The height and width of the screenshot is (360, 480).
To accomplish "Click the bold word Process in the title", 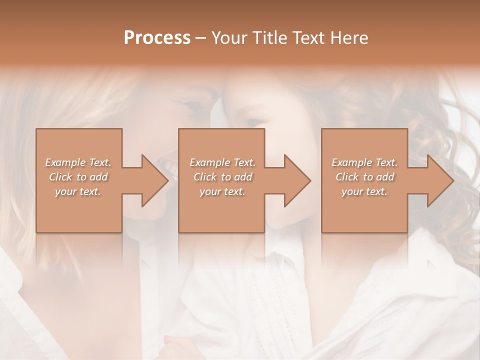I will [157, 38].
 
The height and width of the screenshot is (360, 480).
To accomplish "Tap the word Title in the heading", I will [271, 38].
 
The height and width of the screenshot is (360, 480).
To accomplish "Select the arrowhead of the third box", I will [439, 180].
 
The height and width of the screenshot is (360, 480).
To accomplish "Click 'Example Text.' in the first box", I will [78, 162].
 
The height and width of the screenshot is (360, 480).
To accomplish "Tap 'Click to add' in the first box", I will [78, 177].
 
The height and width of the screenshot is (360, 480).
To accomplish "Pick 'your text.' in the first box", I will [78, 191].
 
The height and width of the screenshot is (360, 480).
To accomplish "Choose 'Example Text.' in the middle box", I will [222, 162].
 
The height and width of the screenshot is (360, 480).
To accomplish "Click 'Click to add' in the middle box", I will [222, 177].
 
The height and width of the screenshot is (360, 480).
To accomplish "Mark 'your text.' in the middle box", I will [222, 191].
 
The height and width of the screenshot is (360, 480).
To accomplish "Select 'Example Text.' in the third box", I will [364, 162].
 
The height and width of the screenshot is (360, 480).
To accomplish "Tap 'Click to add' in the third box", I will [364, 177].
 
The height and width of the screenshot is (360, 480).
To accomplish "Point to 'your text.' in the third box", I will [364, 191].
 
